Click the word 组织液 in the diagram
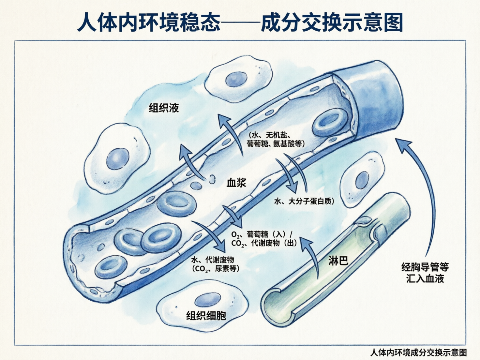(164, 108)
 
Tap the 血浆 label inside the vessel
(236, 183)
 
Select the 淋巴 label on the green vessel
(338, 261)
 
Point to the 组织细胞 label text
(206, 315)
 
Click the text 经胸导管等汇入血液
(425, 273)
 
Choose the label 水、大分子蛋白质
(304, 201)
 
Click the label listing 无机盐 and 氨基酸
(276, 139)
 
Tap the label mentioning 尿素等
(215, 264)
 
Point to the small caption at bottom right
(418, 352)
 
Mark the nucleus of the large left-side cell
(118, 159)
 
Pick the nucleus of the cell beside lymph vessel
(362, 180)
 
